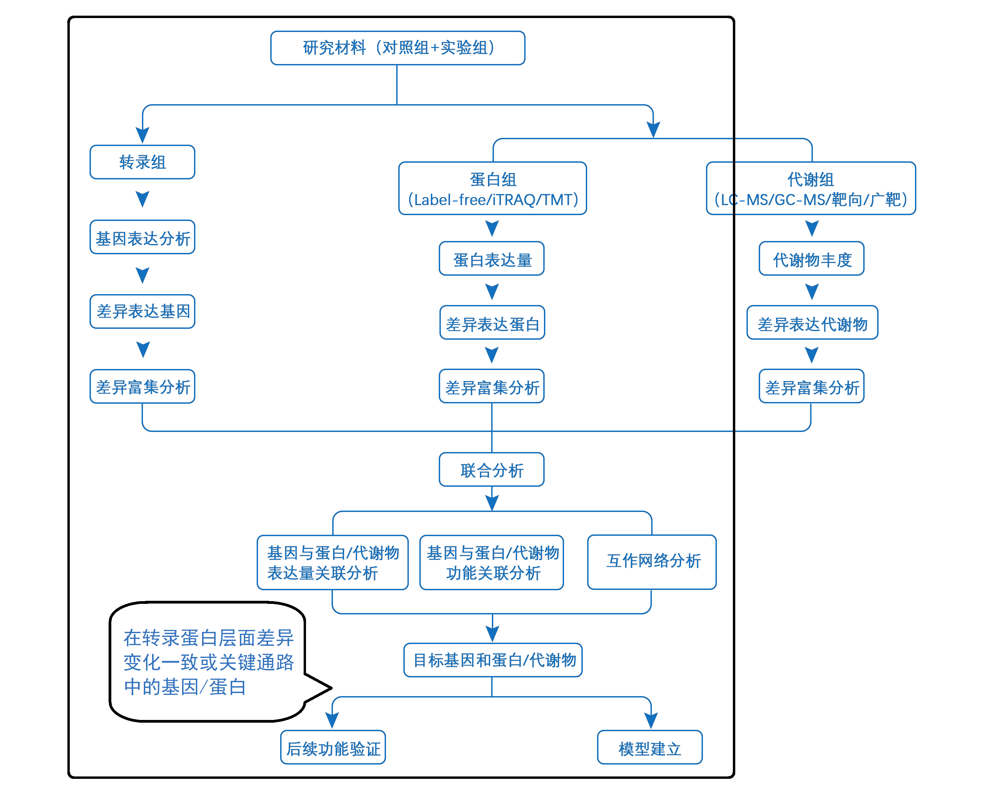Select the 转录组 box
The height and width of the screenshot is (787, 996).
(x=142, y=162)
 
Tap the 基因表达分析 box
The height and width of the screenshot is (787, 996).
(x=142, y=237)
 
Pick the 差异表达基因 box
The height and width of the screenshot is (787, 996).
(x=142, y=311)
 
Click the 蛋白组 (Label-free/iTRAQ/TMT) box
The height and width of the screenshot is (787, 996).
(x=493, y=188)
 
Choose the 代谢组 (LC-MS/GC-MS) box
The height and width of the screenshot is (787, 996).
(x=811, y=188)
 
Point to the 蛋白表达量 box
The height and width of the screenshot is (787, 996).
(x=492, y=258)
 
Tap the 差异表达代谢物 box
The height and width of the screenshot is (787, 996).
(x=812, y=323)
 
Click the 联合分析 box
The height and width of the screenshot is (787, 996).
(x=492, y=469)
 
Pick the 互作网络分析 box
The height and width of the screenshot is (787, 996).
(x=652, y=562)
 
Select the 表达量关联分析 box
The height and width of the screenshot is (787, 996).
(x=333, y=562)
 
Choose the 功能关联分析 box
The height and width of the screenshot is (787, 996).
(x=492, y=562)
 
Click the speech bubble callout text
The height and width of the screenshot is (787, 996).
(x=208, y=662)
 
